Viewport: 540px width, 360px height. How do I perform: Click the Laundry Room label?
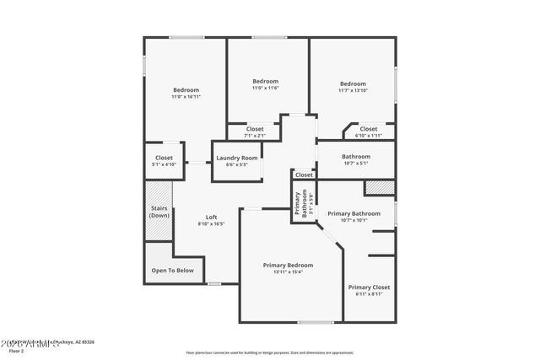pyautogui.click(x=236, y=158)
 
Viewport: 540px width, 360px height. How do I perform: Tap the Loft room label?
pyautogui.click(x=212, y=217)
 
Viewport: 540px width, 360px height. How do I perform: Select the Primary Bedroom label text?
pyautogui.click(x=288, y=265)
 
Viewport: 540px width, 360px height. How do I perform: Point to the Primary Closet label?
pyautogui.click(x=369, y=287)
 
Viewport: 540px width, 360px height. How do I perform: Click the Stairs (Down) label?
pyautogui.click(x=159, y=212)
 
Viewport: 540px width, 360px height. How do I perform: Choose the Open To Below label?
pyautogui.click(x=172, y=271)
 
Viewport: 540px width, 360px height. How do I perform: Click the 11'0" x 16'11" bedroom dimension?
pyautogui.click(x=186, y=97)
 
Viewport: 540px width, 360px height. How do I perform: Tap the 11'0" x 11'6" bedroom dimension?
pyautogui.click(x=266, y=89)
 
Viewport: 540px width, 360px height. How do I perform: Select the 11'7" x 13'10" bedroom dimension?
pyautogui.click(x=353, y=90)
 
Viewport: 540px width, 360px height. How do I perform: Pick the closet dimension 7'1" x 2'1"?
pyautogui.click(x=255, y=136)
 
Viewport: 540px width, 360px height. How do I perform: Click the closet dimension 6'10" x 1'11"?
pyautogui.click(x=369, y=136)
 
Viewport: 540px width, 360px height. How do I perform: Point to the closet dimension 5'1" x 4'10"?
pyautogui.click(x=164, y=164)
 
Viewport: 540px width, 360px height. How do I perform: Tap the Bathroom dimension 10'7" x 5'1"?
pyautogui.click(x=355, y=164)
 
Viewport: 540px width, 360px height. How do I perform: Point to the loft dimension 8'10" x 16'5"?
pyautogui.click(x=212, y=223)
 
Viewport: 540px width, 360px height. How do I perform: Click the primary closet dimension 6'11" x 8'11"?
pyautogui.click(x=369, y=293)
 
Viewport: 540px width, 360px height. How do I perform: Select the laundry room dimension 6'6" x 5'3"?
pyautogui.click(x=236, y=164)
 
